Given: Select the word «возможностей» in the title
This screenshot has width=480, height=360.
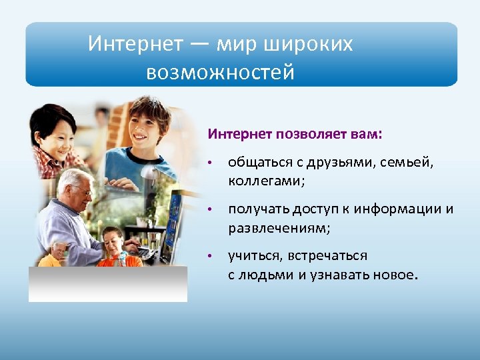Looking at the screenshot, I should (x=220, y=71).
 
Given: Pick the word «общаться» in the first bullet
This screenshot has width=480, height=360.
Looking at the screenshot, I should (x=254, y=163).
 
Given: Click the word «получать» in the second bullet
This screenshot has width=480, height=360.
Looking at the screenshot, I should (x=255, y=209).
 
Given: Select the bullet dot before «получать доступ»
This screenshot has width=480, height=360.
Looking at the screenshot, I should (x=209, y=211).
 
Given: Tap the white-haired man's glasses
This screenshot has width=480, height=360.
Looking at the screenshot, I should (x=83, y=191).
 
